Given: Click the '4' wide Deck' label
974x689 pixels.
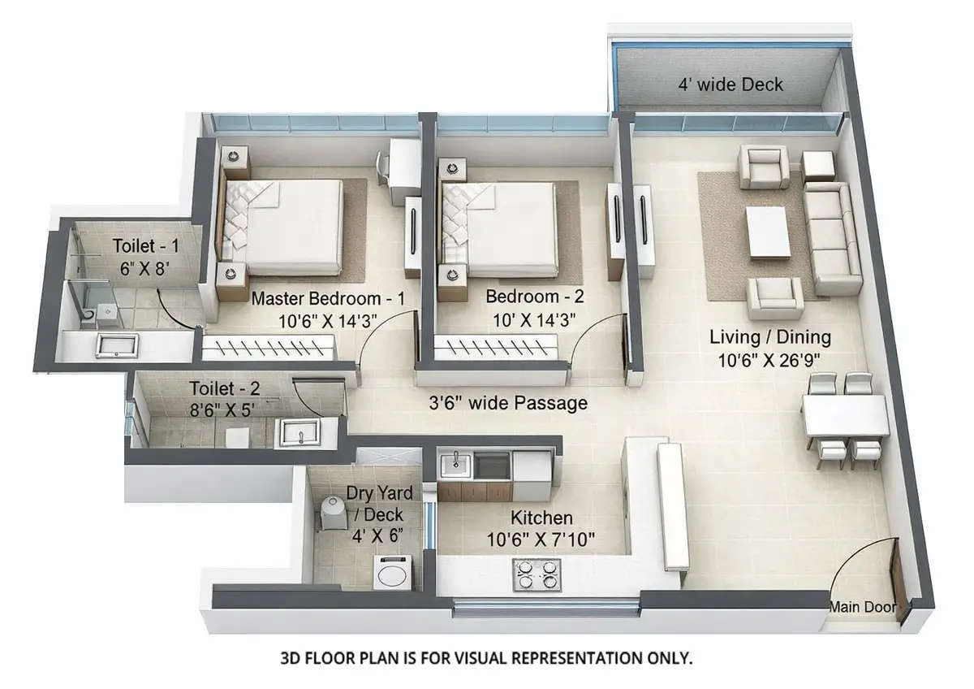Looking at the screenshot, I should click(731, 84).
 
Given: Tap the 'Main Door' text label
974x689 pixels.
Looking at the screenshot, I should click(862, 607).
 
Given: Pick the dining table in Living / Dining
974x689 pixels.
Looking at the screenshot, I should click(845, 415).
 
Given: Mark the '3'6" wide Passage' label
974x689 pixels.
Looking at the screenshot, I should click(508, 403).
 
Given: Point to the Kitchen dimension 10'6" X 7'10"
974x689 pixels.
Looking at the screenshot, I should click(541, 538).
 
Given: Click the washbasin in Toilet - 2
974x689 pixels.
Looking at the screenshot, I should click(300, 432).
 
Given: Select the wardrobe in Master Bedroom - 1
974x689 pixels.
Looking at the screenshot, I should click(268, 349).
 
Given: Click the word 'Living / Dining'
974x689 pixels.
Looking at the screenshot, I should click(769, 336).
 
